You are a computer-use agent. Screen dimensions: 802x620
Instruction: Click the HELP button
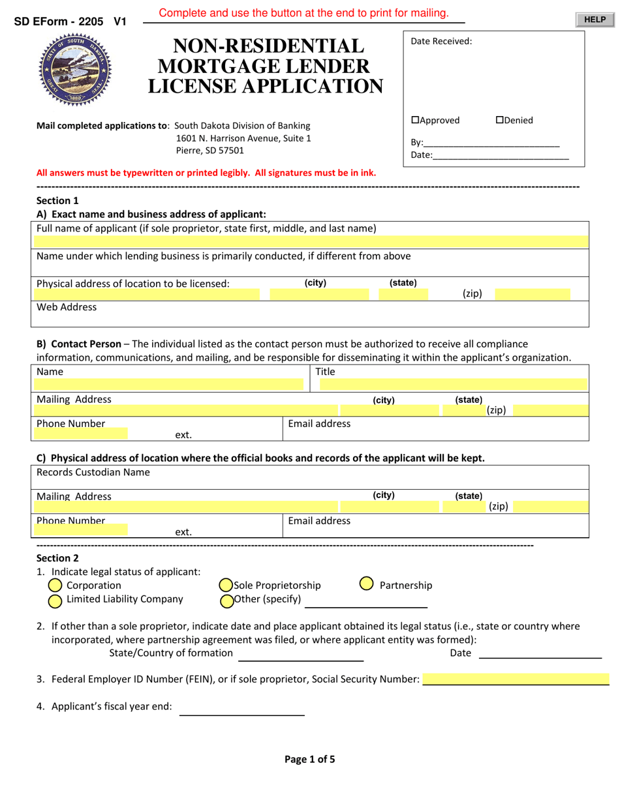click(595, 20)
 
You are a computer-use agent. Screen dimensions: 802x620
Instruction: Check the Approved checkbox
click(415, 120)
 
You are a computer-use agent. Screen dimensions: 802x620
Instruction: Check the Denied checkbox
click(500, 120)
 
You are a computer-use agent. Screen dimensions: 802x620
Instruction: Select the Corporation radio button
click(55, 586)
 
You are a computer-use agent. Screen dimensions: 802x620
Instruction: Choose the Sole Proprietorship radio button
click(226, 586)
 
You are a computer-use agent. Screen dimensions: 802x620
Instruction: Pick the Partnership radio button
click(367, 584)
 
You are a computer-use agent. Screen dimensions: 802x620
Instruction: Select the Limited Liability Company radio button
click(55, 600)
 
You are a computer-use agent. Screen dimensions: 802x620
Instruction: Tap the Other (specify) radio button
click(226, 601)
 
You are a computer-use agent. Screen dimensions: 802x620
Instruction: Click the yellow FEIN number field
click(516, 679)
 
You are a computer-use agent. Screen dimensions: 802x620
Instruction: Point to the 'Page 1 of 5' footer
click(310, 759)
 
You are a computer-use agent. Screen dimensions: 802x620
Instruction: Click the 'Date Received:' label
click(441, 42)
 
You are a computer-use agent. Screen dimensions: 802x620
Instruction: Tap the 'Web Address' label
click(67, 307)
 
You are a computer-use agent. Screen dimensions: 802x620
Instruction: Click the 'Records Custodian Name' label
click(93, 472)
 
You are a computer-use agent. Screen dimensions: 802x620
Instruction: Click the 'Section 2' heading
click(57, 558)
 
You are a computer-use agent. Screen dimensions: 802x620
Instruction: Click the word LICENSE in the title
click(193, 86)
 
